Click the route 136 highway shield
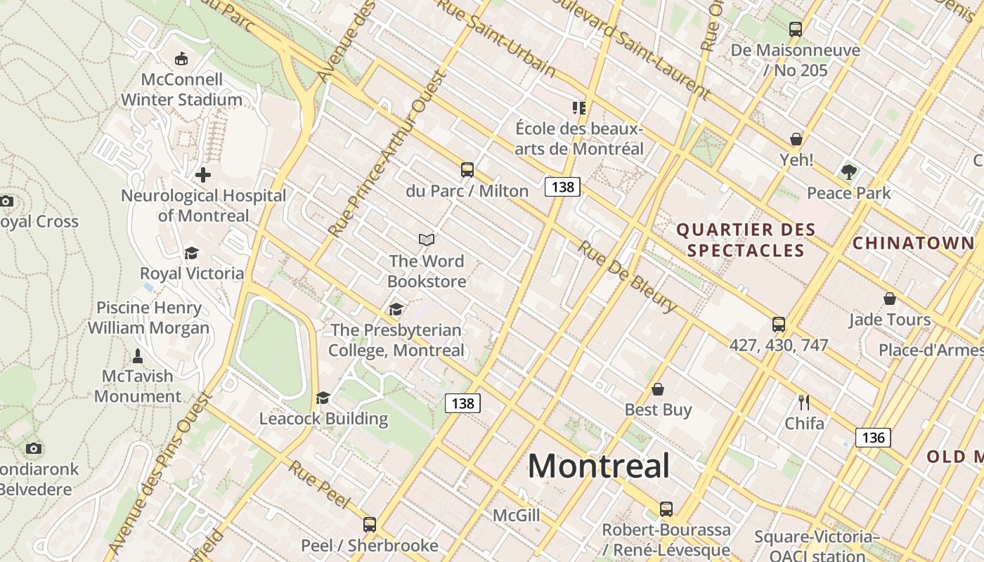point(873,438)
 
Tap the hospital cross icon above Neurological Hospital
point(203,174)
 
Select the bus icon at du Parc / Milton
point(467,169)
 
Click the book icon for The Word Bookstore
point(427,240)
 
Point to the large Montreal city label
point(599,466)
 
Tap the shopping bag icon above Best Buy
point(658,389)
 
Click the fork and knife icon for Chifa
point(804,403)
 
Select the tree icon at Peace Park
point(849,171)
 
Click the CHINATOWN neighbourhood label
point(913,244)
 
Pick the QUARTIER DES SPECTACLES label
point(746,240)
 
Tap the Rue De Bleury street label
point(628,277)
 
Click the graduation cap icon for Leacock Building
point(323,398)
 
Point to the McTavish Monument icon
point(138,355)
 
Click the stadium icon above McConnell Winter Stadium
point(181,58)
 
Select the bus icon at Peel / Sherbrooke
point(370,524)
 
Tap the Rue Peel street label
point(319,485)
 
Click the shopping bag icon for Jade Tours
point(890,299)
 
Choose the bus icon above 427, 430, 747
point(779,324)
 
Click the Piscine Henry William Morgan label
point(148,318)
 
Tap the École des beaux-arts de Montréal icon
point(578,107)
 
